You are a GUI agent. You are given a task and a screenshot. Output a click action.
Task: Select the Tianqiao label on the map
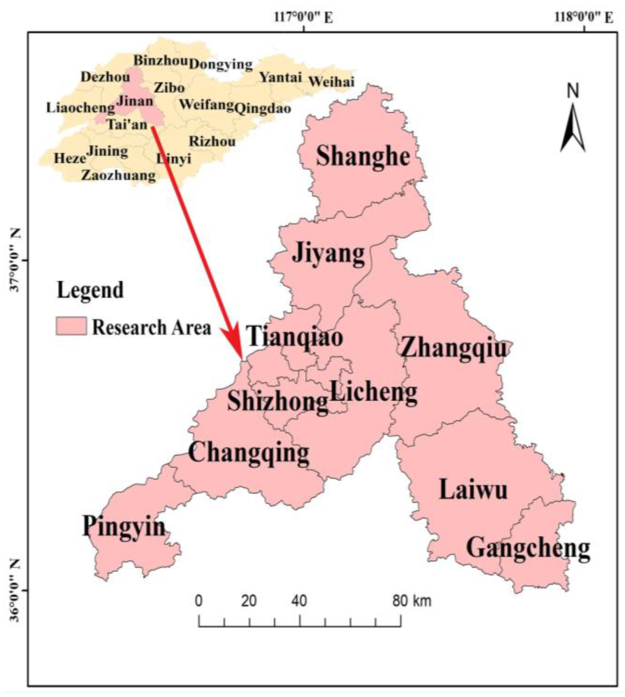295,336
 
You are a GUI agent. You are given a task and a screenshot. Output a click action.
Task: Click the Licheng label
373,392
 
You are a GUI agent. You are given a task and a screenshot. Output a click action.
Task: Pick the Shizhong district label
277,402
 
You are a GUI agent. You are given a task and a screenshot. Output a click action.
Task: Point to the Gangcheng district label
528,548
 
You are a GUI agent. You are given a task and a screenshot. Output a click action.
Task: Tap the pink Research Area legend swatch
71,326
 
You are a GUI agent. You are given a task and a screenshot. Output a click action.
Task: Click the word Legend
90,290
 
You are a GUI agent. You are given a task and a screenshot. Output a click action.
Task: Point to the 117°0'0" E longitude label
304,17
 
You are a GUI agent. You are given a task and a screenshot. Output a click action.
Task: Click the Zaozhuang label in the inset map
118,175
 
